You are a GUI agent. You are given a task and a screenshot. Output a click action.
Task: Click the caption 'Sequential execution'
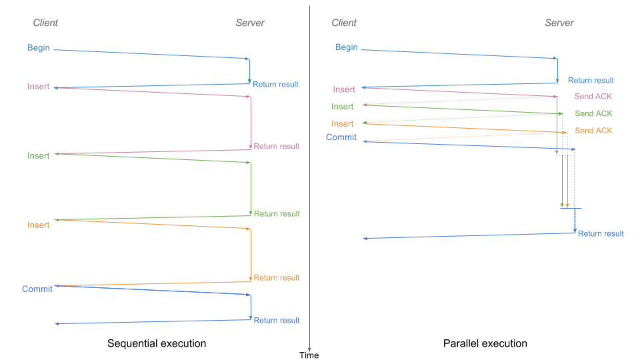(x=157, y=343)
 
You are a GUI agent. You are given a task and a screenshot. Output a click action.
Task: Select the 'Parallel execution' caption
(x=485, y=343)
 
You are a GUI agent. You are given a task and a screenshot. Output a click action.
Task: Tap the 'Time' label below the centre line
(x=309, y=355)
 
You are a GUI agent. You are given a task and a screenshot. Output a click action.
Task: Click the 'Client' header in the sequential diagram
(x=45, y=23)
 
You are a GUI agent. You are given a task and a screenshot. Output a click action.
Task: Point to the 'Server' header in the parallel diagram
(x=559, y=23)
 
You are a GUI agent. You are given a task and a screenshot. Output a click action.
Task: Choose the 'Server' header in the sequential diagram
(x=250, y=23)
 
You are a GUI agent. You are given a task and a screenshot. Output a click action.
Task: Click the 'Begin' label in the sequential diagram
(x=39, y=47)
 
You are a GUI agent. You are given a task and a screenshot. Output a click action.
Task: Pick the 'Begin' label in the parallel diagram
(x=346, y=47)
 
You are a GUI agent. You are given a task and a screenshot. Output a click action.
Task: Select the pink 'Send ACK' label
(x=593, y=97)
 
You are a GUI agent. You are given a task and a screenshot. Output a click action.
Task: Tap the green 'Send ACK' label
(x=593, y=114)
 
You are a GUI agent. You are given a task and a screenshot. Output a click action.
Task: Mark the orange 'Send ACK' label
(x=593, y=131)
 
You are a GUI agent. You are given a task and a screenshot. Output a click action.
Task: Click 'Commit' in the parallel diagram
(x=341, y=137)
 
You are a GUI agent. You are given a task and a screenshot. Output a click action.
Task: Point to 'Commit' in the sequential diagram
(x=37, y=289)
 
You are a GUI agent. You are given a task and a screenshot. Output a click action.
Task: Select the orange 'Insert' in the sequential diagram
(x=39, y=225)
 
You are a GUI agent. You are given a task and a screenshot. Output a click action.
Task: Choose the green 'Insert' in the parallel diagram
(x=343, y=107)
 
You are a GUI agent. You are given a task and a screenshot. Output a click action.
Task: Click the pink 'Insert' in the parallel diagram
(x=344, y=89)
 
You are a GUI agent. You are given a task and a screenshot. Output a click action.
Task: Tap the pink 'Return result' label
(x=276, y=146)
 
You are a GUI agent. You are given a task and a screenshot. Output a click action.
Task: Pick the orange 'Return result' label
(x=276, y=277)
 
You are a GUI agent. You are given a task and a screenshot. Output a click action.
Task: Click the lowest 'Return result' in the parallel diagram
(x=601, y=233)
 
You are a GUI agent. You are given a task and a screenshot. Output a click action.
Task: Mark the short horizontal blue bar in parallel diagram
(x=571, y=209)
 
